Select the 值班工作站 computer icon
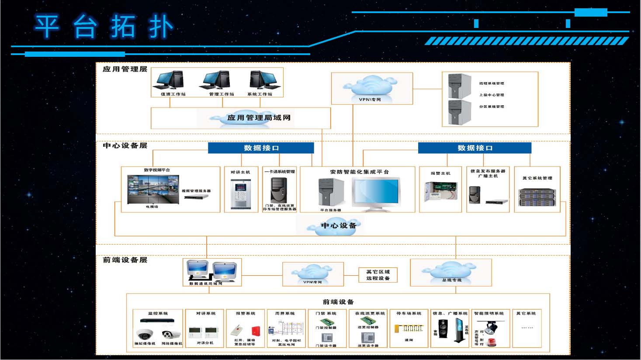point(171,80)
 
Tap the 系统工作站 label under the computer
point(260,94)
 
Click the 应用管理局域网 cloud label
point(258,118)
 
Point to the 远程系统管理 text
point(492,83)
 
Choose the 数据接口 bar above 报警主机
point(475,148)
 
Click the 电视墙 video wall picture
point(153,189)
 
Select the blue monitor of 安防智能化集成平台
point(376,192)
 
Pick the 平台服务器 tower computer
point(331,192)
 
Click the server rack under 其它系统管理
point(537,197)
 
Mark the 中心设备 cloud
point(338,226)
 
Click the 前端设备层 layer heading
point(125,260)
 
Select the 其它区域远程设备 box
point(378,275)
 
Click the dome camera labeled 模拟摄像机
point(145,335)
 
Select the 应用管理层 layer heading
point(125,69)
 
